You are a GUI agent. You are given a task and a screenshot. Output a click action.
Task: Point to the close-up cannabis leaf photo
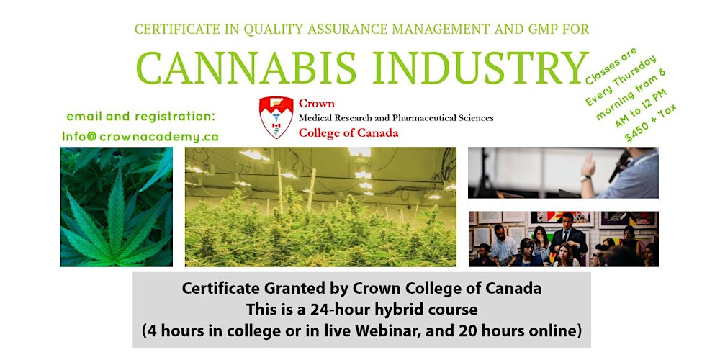[117, 207]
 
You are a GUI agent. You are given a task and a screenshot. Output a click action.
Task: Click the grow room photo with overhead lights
[320, 207]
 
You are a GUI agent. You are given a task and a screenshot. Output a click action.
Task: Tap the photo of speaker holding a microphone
[563, 173]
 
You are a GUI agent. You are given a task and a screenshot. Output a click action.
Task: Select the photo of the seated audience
[563, 239]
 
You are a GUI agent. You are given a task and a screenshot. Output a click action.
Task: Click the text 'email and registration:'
[141, 116]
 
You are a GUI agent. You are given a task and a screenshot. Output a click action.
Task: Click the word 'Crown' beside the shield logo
[316, 103]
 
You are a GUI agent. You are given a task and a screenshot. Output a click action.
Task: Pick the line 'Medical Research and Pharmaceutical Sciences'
[395, 118]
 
